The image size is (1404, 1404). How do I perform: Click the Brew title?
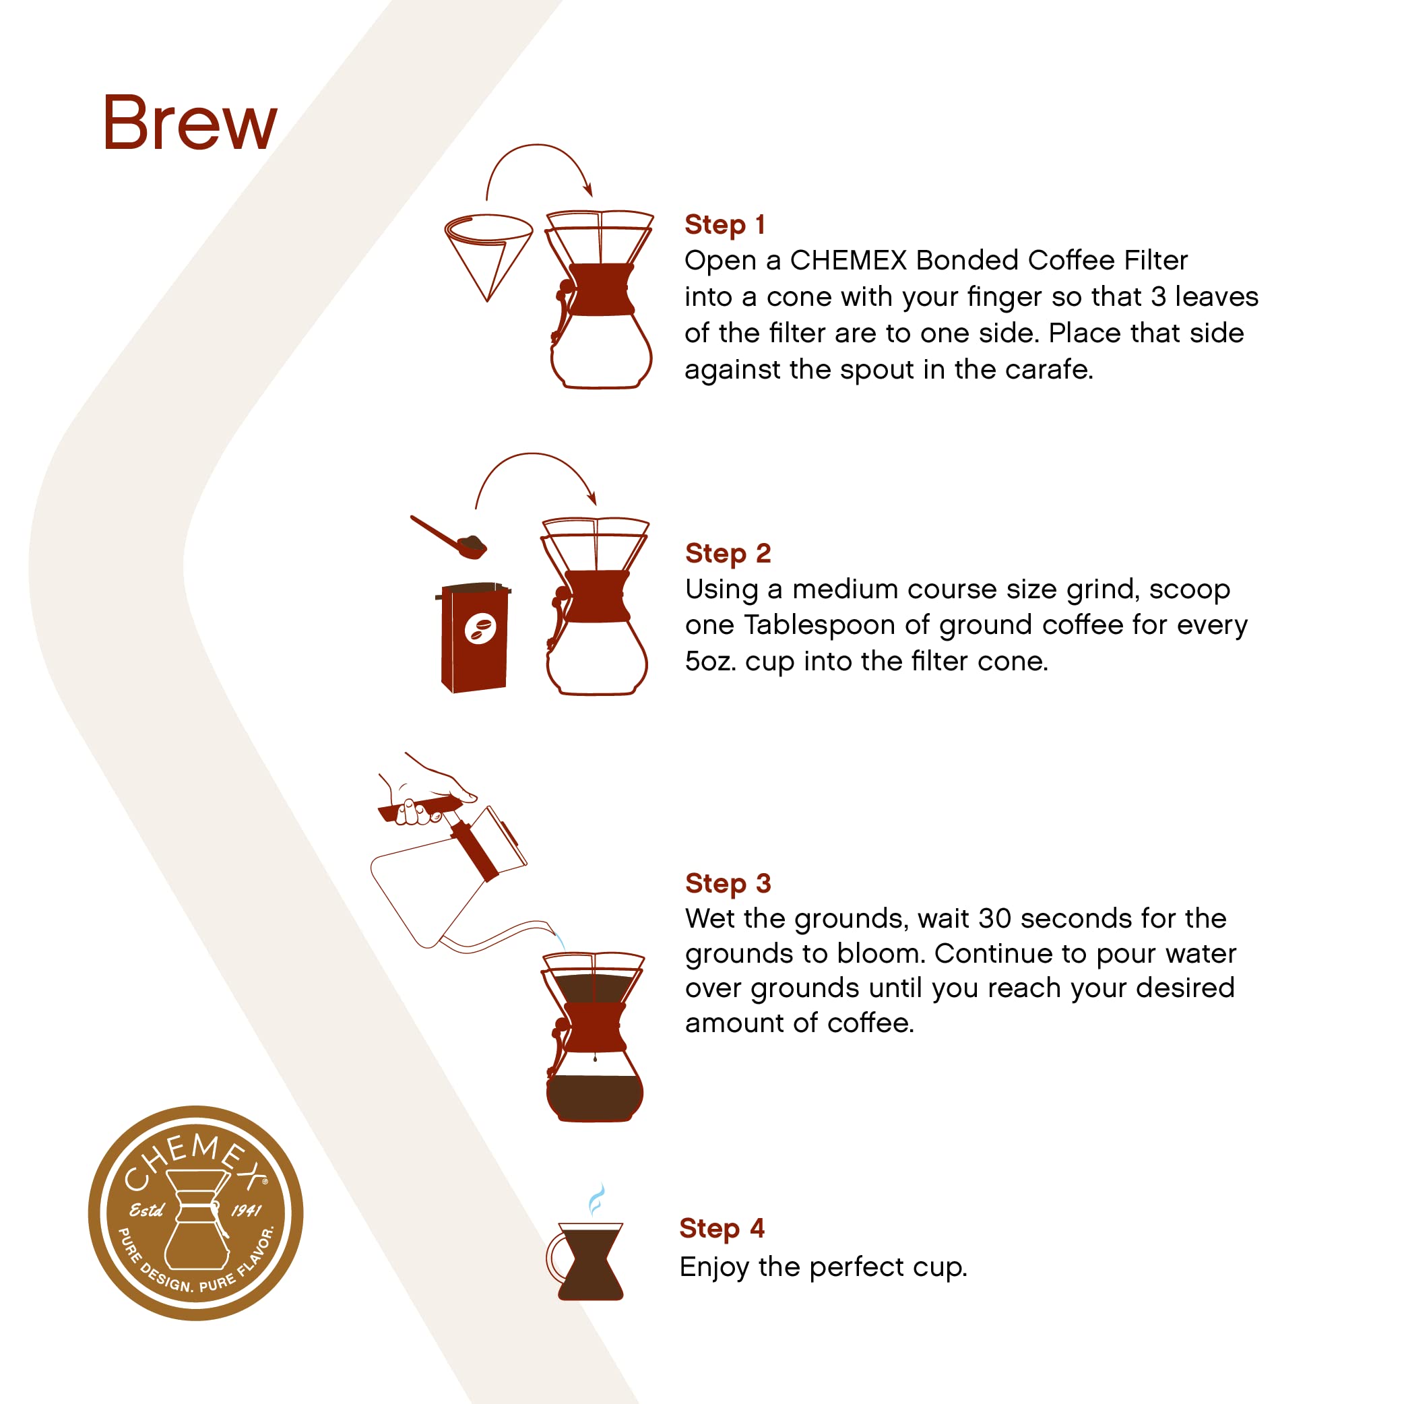(x=190, y=123)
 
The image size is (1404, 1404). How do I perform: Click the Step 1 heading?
(x=724, y=224)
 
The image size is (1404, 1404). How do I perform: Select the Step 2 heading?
(x=728, y=553)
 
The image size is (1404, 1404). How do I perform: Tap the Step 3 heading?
(x=728, y=883)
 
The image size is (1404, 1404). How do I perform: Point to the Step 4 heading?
(x=722, y=1227)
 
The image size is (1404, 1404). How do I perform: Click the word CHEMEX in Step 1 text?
(x=848, y=260)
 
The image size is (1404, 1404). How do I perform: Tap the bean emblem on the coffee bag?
(x=480, y=628)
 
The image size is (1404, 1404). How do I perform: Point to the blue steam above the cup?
(x=597, y=1199)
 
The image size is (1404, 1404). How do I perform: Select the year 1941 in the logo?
(x=246, y=1211)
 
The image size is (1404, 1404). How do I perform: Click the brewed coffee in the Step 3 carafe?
(x=594, y=1095)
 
